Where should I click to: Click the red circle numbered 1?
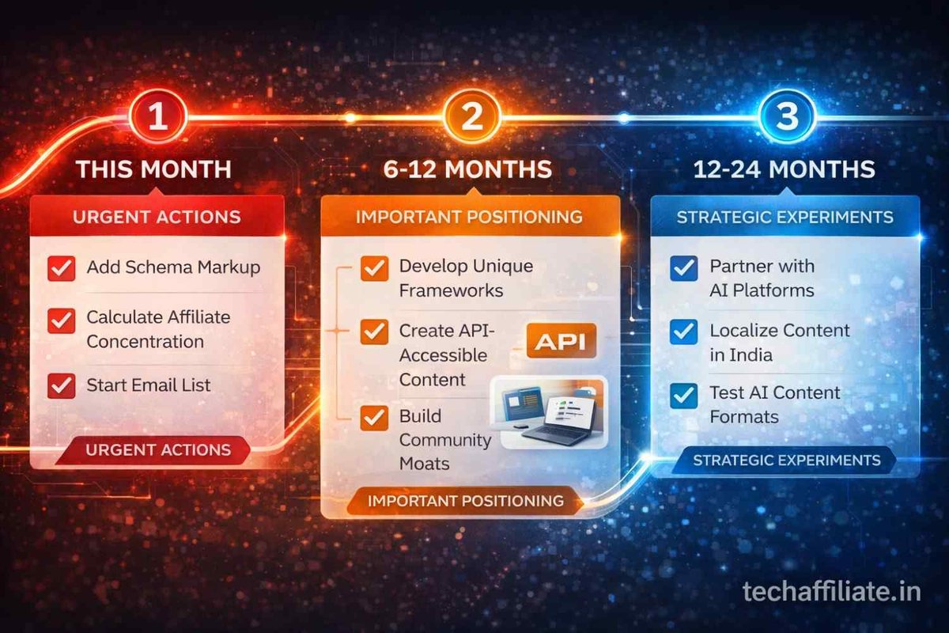(157, 117)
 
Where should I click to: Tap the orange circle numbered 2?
(472, 117)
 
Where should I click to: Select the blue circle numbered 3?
(786, 117)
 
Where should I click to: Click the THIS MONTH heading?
(156, 169)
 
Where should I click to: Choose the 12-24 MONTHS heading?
(785, 169)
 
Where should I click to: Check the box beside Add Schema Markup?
(61, 268)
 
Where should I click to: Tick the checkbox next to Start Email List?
(61, 385)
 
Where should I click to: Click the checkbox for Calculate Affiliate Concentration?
(61, 321)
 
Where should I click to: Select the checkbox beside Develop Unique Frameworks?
(373, 268)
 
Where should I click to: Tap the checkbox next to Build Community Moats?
(373, 417)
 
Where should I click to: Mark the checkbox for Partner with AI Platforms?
(683, 268)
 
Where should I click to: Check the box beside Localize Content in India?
(683, 332)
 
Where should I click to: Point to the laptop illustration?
(550, 412)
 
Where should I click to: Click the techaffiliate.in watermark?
(832, 590)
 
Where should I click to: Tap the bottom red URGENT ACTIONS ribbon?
(157, 450)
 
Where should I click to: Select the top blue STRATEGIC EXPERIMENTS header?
(785, 216)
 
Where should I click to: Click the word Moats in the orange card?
(424, 464)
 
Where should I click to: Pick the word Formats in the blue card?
(743, 417)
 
